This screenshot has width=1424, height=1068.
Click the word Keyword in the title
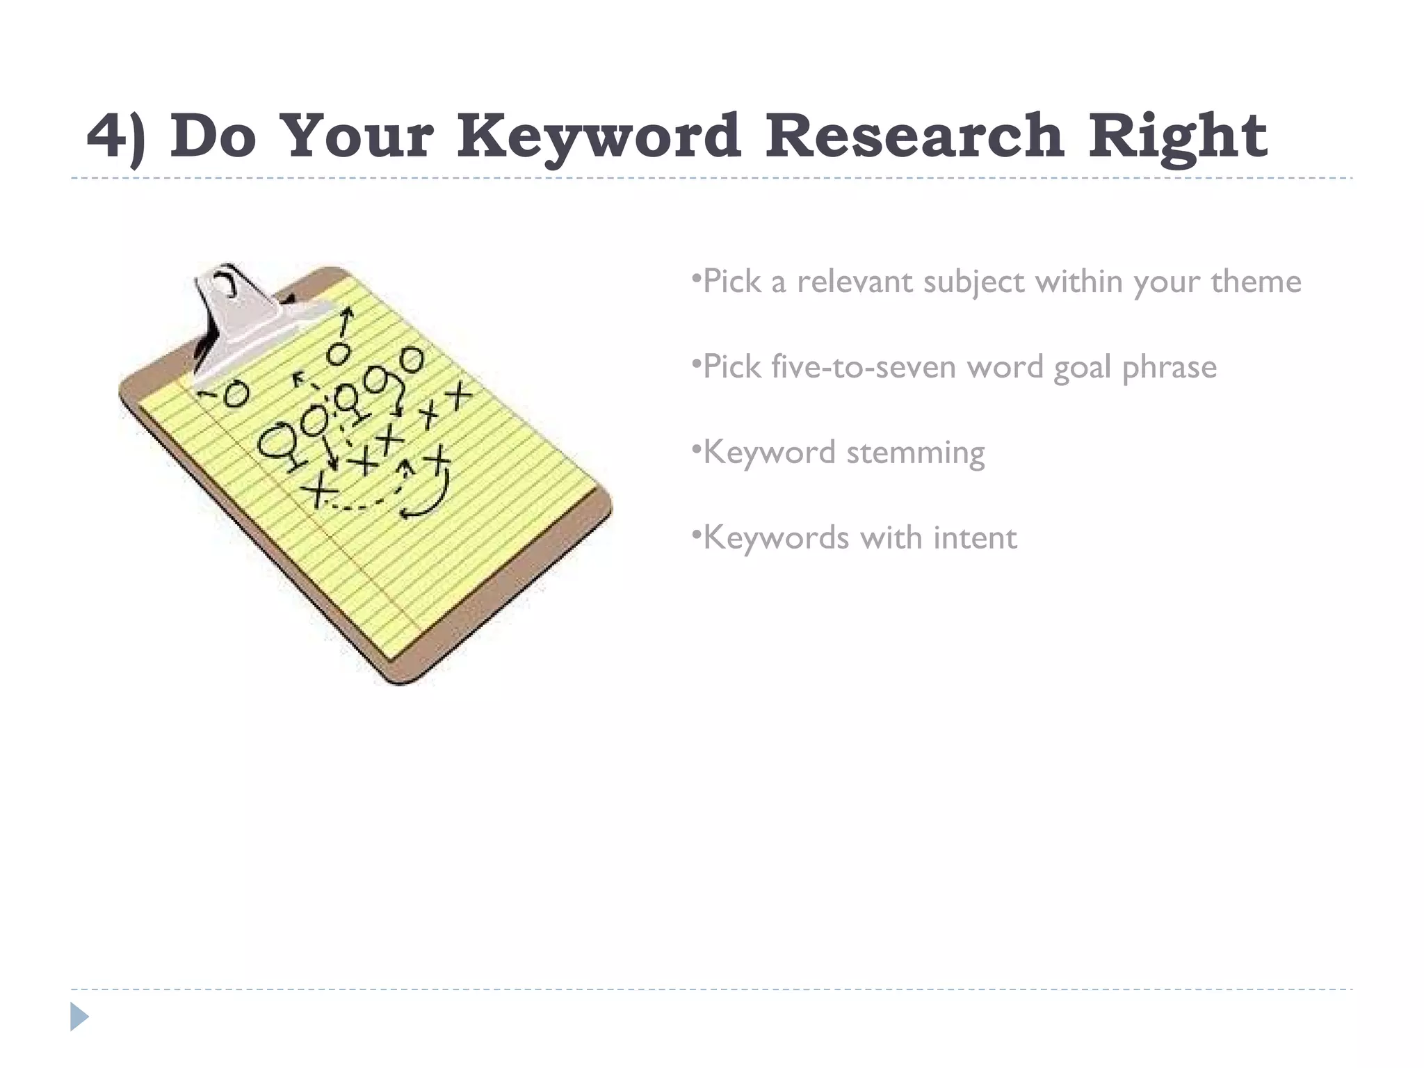click(x=599, y=136)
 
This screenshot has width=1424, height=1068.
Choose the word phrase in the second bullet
click(x=1169, y=368)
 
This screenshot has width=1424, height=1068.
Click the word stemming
click(x=915, y=453)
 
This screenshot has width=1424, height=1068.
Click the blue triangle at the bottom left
click(x=79, y=1017)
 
